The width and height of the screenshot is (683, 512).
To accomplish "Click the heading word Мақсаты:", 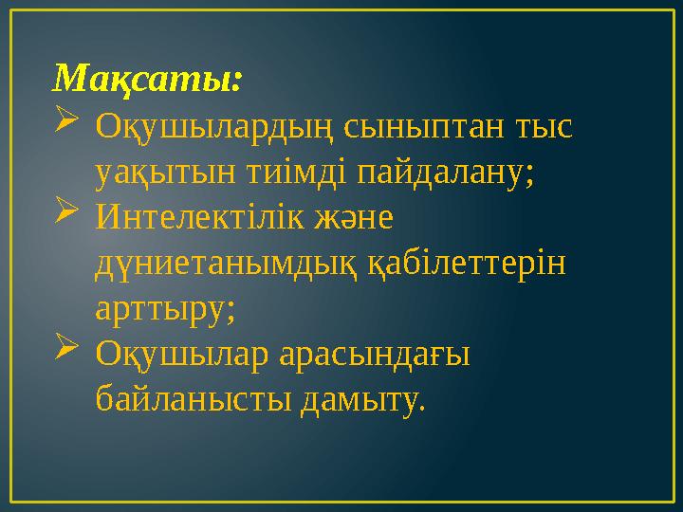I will (x=148, y=77).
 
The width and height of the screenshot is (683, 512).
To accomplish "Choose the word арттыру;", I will (x=167, y=310).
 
